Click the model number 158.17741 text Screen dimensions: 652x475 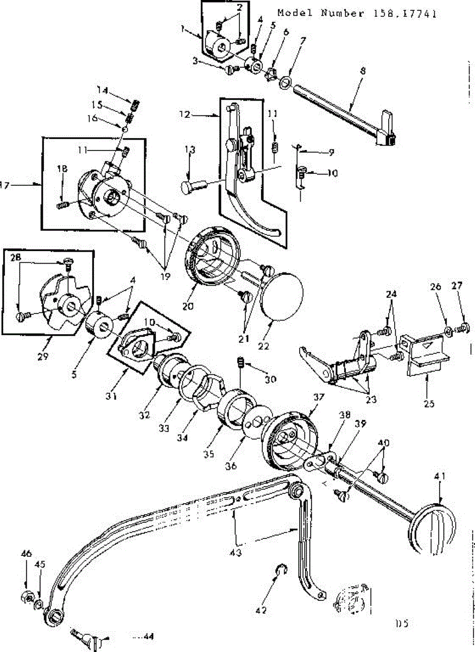tap(357, 13)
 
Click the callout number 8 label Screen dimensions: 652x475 tap(363, 71)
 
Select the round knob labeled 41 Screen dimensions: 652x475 tap(434, 530)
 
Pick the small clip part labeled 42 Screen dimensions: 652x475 tap(281, 570)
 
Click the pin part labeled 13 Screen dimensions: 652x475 tap(191, 187)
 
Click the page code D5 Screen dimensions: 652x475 tap(402, 624)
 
